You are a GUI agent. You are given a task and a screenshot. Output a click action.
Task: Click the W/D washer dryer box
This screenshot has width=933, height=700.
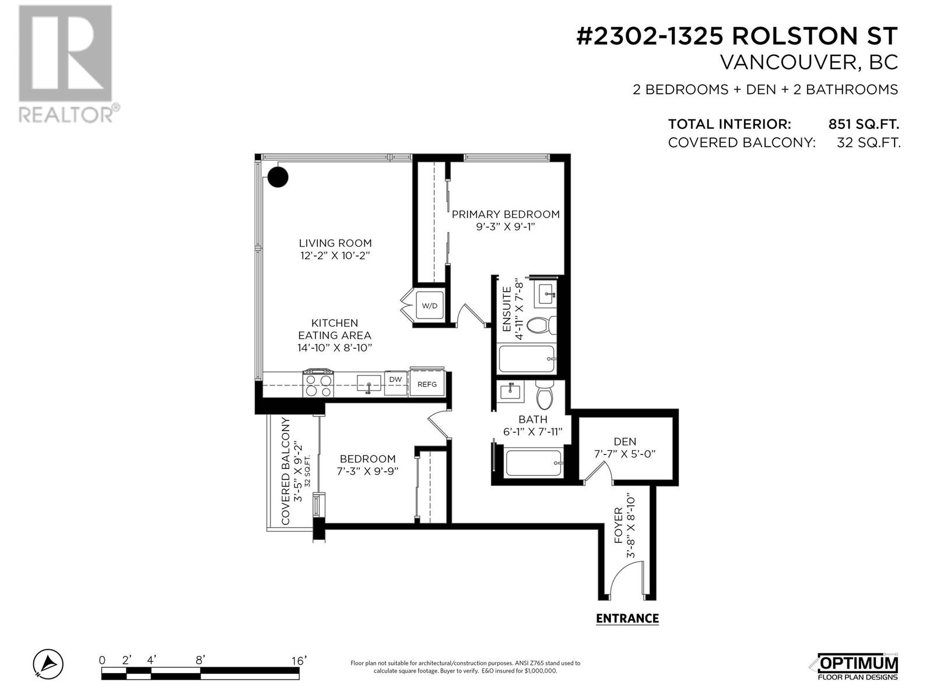click(430, 305)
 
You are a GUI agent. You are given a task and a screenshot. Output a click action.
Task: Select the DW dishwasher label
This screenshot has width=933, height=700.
click(395, 380)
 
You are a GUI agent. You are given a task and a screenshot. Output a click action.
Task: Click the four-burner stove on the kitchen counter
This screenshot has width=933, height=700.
click(318, 384)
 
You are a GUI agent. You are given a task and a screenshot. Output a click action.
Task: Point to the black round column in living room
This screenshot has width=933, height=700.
click(278, 176)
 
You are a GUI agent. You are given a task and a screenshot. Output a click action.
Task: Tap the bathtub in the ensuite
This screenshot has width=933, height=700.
click(527, 359)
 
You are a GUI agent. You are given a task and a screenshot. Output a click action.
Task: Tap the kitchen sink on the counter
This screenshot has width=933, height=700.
click(369, 384)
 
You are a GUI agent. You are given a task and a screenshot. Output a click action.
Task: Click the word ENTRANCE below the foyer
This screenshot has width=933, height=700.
click(627, 619)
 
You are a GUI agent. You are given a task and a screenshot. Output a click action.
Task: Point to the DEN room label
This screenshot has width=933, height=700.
click(625, 442)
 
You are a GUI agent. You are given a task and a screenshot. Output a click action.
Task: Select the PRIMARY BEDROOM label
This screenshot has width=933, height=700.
click(506, 214)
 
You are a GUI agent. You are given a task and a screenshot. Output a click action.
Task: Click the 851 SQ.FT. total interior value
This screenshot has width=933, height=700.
click(864, 124)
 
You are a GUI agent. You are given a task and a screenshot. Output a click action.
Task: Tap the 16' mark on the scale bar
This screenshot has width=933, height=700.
click(299, 660)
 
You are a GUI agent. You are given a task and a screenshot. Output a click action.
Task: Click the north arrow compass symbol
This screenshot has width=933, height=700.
click(48, 664)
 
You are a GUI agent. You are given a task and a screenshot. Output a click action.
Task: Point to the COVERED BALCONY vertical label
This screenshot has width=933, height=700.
click(286, 471)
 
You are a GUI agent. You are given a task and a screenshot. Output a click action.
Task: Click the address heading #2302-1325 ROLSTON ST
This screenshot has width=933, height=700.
click(736, 36)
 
